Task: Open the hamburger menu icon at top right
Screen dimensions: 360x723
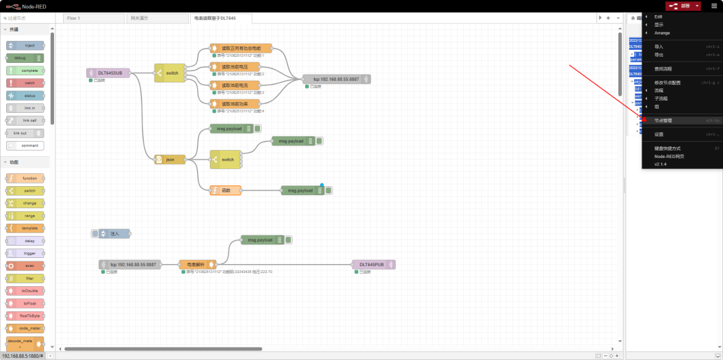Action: (713, 5)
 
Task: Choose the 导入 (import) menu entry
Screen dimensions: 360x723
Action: (659, 47)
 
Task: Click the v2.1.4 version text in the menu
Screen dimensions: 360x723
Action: (660, 164)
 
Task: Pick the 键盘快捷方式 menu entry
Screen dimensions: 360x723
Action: (668, 148)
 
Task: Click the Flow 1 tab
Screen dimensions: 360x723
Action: (73, 18)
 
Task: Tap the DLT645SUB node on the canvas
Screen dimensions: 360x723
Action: (108, 73)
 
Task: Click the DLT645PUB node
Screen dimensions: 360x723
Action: (373, 264)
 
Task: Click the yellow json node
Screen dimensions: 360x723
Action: (170, 159)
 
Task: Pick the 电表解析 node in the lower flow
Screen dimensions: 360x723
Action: (197, 264)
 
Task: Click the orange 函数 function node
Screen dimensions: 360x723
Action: (226, 190)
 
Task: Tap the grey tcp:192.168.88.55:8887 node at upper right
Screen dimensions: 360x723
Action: (336, 79)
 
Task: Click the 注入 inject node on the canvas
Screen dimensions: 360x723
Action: (111, 233)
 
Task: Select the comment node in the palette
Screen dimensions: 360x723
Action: (25, 145)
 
